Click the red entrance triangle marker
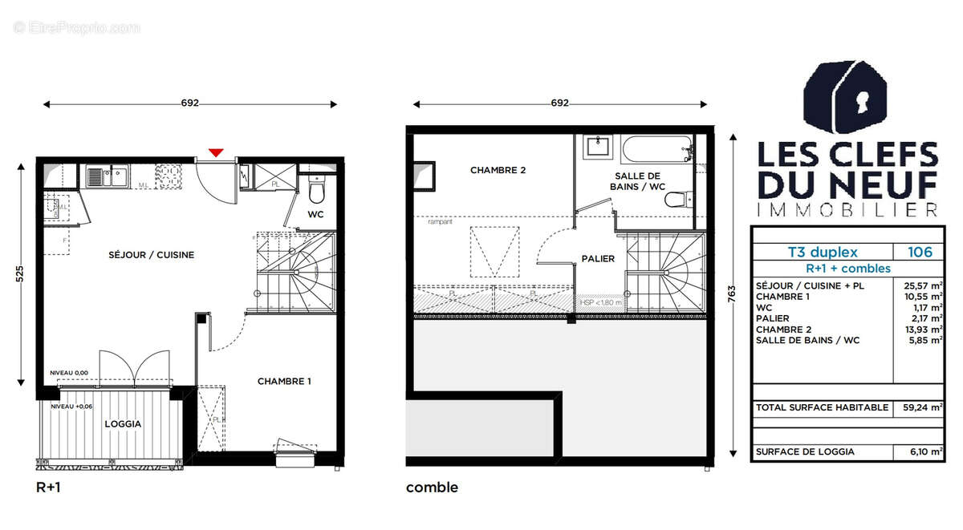[x=215, y=152]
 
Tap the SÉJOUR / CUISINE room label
[x=152, y=255]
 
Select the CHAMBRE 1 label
[x=284, y=382]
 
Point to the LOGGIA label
[x=123, y=424]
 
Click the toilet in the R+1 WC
[x=315, y=192]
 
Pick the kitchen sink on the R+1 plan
[x=107, y=175]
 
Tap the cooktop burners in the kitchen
[x=169, y=175]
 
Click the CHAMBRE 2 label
[x=498, y=170]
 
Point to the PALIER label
[x=598, y=258]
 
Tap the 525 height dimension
[x=20, y=273]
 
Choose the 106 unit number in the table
[x=920, y=252]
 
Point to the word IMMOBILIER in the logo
[x=847, y=210]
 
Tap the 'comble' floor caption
[x=432, y=487]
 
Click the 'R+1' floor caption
[x=49, y=487]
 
